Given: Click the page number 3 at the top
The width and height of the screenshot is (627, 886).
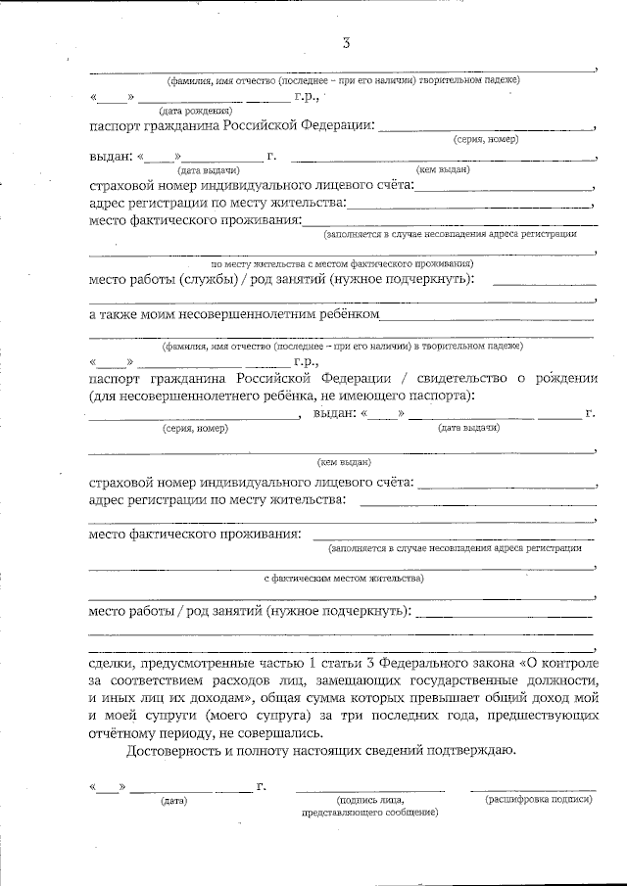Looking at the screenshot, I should tap(345, 42).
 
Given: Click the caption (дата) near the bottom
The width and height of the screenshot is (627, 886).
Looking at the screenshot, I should tap(173, 801).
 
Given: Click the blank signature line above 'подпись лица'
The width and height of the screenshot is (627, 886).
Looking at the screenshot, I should tap(370, 789).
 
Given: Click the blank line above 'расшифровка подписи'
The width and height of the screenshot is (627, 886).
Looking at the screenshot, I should tap(533, 789).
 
